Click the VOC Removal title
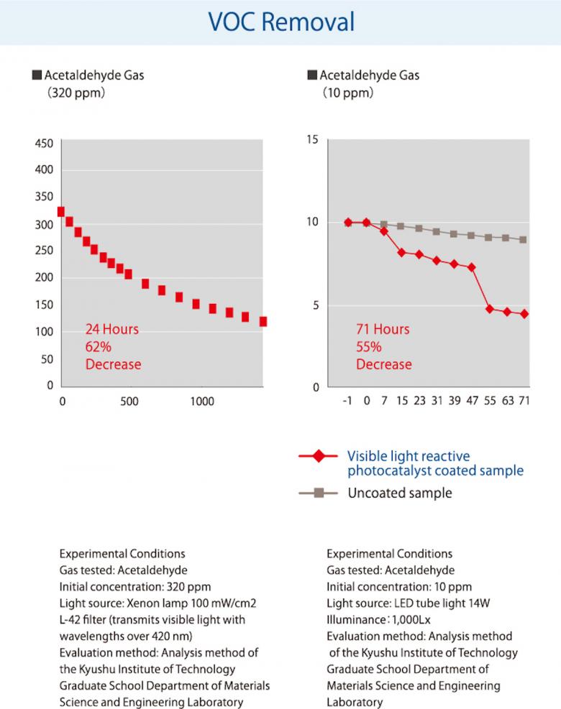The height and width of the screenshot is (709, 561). coord(280,22)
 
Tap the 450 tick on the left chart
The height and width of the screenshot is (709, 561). coord(43,143)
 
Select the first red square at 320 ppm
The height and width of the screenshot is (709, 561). coord(60,211)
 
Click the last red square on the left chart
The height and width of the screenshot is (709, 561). coord(263,321)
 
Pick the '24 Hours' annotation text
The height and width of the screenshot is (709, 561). coord(111,330)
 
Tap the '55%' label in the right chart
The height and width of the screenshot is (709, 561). coord(369,347)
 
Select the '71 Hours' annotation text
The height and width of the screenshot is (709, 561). coord(383,330)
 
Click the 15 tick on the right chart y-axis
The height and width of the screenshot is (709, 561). coord(312,139)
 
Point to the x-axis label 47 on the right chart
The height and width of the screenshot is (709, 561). coord(471,401)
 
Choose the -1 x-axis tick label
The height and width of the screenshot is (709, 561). coord(348,401)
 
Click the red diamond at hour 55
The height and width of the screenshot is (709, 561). coord(490,309)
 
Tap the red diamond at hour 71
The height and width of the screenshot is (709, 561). coord(524,314)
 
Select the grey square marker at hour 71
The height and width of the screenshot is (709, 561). coord(524,239)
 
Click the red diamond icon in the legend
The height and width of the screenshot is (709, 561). coord(319,455)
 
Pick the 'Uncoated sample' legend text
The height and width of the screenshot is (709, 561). coord(399,493)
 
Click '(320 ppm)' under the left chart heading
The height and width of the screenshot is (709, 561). coord(76,93)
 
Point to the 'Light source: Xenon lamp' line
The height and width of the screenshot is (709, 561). coord(159,603)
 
